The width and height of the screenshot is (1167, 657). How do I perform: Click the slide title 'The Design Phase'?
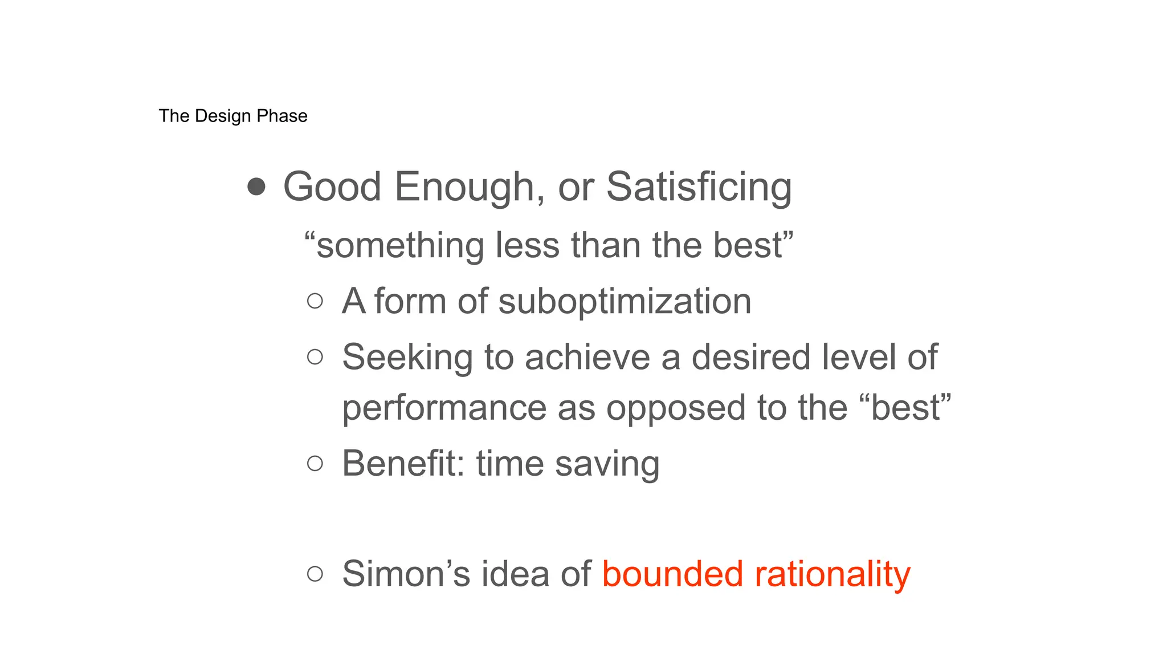(233, 116)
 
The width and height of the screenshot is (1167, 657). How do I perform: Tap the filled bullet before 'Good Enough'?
(256, 186)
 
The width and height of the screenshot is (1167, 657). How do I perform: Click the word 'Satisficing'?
(699, 187)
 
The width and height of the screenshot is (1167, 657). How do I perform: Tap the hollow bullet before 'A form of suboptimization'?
(315, 301)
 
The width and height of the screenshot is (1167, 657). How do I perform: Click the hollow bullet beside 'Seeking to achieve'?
(315, 357)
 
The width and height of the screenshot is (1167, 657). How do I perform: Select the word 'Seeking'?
(407, 358)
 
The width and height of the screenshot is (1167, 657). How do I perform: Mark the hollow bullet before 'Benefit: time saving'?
(315, 463)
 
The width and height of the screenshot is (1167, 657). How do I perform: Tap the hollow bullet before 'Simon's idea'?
(315, 573)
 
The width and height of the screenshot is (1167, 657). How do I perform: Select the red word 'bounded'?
(672, 573)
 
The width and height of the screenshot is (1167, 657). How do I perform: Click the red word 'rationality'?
(833, 574)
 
